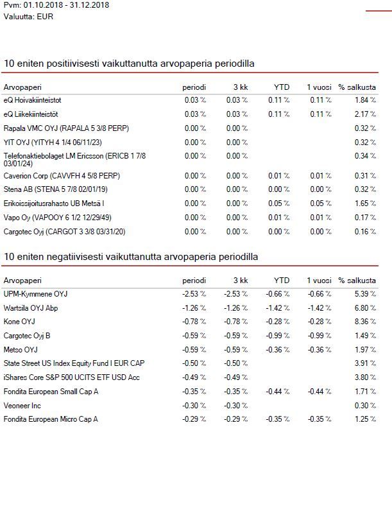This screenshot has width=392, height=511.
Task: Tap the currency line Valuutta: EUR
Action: coord(28,17)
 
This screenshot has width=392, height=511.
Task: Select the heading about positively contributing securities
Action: coord(129,63)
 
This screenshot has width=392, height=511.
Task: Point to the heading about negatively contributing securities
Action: coord(131,257)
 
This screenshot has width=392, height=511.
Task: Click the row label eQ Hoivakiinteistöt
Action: coord(32,100)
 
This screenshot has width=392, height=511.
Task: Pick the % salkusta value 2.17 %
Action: coord(365,114)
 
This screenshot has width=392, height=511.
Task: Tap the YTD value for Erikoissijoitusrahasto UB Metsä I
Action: coord(278,204)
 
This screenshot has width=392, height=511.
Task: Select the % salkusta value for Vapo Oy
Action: coord(365,218)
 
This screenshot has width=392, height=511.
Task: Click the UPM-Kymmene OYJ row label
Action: coord(35,294)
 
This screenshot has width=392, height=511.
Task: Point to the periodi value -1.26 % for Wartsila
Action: coord(194,308)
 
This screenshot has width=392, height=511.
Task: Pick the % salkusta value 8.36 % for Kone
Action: coord(365,322)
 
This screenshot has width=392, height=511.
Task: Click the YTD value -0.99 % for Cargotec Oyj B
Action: coord(278,336)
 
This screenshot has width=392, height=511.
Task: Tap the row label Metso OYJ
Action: coord(21,350)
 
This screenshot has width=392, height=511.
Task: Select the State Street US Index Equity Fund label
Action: coord(74,363)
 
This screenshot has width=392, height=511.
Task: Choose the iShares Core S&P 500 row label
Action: coord(72,377)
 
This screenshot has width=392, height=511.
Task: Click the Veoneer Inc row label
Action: coord(22,406)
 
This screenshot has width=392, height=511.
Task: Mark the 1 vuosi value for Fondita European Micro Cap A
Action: coord(320,419)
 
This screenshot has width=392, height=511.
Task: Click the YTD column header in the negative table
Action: coord(282,281)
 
